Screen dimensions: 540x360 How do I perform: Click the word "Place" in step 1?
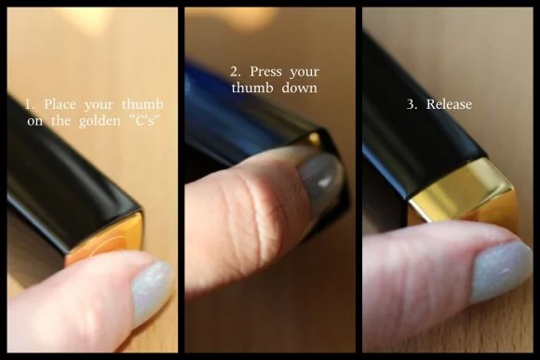[60, 104]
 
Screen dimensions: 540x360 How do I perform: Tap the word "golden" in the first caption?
[100, 122]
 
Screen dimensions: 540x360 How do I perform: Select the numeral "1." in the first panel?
[31, 104]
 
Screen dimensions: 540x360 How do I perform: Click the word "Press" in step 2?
[265, 72]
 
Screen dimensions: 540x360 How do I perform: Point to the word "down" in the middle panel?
[299, 87]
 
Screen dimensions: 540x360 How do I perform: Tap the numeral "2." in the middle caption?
[236, 72]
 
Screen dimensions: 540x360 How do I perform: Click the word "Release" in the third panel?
[449, 104]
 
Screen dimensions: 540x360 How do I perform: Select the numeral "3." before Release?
[412, 104]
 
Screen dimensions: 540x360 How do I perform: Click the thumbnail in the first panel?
[153, 291]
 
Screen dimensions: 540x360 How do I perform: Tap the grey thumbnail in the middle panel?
[321, 179]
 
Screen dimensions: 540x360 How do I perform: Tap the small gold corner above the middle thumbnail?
[315, 139]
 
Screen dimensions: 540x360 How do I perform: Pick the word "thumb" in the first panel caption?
[142, 104]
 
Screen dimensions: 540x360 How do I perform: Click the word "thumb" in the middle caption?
[252, 87]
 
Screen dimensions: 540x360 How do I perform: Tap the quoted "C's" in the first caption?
[145, 121]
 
